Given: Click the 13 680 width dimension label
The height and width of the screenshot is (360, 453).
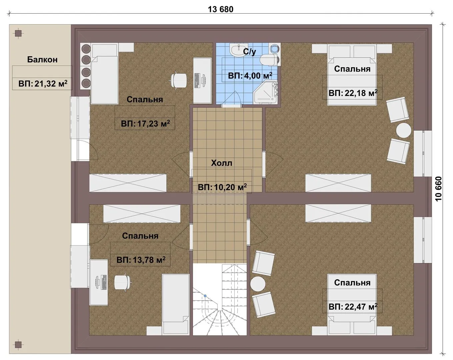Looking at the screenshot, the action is pyautogui.click(x=220, y=9).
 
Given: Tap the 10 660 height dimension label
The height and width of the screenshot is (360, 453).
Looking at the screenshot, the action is pyautogui.click(x=438, y=189).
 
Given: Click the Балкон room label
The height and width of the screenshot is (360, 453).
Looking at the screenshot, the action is pyautogui.click(x=42, y=60).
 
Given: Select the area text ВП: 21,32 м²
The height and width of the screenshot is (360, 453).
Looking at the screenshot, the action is pyautogui.click(x=43, y=84).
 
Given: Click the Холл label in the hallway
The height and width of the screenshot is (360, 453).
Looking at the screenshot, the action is pyautogui.click(x=222, y=163).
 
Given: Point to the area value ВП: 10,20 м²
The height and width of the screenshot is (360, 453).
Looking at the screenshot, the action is pyautogui.click(x=222, y=187).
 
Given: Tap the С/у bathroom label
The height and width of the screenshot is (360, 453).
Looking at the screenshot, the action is pyautogui.click(x=249, y=52).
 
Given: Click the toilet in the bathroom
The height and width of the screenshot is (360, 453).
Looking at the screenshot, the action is pyautogui.click(x=269, y=60).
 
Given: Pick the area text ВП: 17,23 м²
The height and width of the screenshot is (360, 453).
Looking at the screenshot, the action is pyautogui.click(x=145, y=124).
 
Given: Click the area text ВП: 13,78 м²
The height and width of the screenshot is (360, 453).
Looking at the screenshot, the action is pyautogui.click(x=141, y=260).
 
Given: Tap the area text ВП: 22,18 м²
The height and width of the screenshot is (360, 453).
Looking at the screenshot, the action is pyautogui.click(x=353, y=93).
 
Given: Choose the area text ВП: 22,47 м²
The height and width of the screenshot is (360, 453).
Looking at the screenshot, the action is pyautogui.click(x=353, y=307).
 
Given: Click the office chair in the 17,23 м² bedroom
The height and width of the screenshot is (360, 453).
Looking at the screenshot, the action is pyautogui.click(x=179, y=80).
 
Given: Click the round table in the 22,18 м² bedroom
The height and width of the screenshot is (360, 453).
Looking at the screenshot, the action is pyautogui.click(x=404, y=130).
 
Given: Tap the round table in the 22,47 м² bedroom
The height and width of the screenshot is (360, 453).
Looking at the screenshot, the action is pyautogui.click(x=258, y=284).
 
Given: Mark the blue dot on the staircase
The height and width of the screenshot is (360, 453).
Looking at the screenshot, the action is pyautogui.click(x=205, y=296).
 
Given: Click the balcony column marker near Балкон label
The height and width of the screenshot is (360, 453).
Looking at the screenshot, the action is pyautogui.click(x=19, y=33).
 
